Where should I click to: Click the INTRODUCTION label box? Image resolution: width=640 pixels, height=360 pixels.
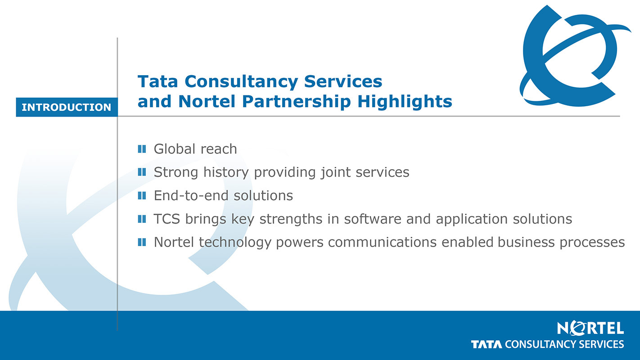pos(67,107)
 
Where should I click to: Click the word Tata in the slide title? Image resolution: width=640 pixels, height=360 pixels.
pos(158,81)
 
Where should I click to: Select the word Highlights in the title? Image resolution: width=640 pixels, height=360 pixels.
pos(405,102)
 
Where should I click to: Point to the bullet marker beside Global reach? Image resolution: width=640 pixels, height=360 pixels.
pos(142,149)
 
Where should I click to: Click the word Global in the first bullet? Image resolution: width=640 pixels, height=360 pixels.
pos(175,149)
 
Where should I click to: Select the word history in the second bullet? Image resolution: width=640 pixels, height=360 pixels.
pos(226,172)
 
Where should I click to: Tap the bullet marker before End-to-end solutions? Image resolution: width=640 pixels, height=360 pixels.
pos(142,196)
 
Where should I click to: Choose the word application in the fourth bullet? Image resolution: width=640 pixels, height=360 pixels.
pos(472,220)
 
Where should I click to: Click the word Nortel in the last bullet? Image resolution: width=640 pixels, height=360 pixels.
pos(174,242)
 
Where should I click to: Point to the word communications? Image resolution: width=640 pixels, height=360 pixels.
pos(382,242)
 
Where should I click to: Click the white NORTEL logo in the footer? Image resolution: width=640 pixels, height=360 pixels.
pos(590,328)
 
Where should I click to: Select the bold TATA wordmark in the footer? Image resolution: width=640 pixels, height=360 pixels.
pos(487,344)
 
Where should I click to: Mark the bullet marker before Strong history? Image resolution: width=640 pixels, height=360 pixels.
pos(142,172)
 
